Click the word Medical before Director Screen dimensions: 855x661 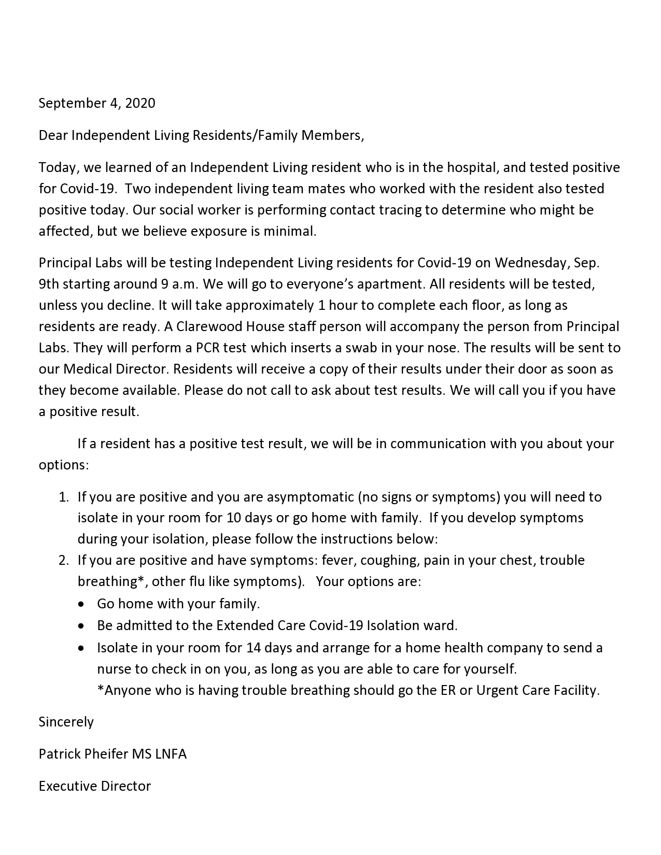[87, 369]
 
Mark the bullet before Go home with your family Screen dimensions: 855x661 [81, 604]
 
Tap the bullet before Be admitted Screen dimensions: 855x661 [81, 626]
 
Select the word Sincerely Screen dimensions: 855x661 [66, 722]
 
